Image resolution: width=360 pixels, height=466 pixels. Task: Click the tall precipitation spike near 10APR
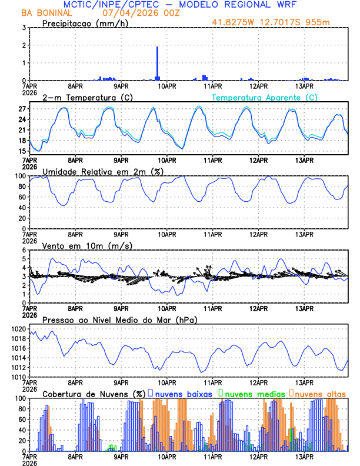click(157, 62)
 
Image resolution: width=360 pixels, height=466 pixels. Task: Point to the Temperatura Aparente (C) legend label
click(264, 98)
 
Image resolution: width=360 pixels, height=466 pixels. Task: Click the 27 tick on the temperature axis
click(21, 109)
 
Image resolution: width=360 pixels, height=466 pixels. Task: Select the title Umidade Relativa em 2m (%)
click(101, 171)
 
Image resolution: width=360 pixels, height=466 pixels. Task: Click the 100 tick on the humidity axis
click(18, 176)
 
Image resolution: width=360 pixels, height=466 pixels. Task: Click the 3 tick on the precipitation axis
click(23, 28)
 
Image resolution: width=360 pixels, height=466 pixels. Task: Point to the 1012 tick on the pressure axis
click(16, 367)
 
